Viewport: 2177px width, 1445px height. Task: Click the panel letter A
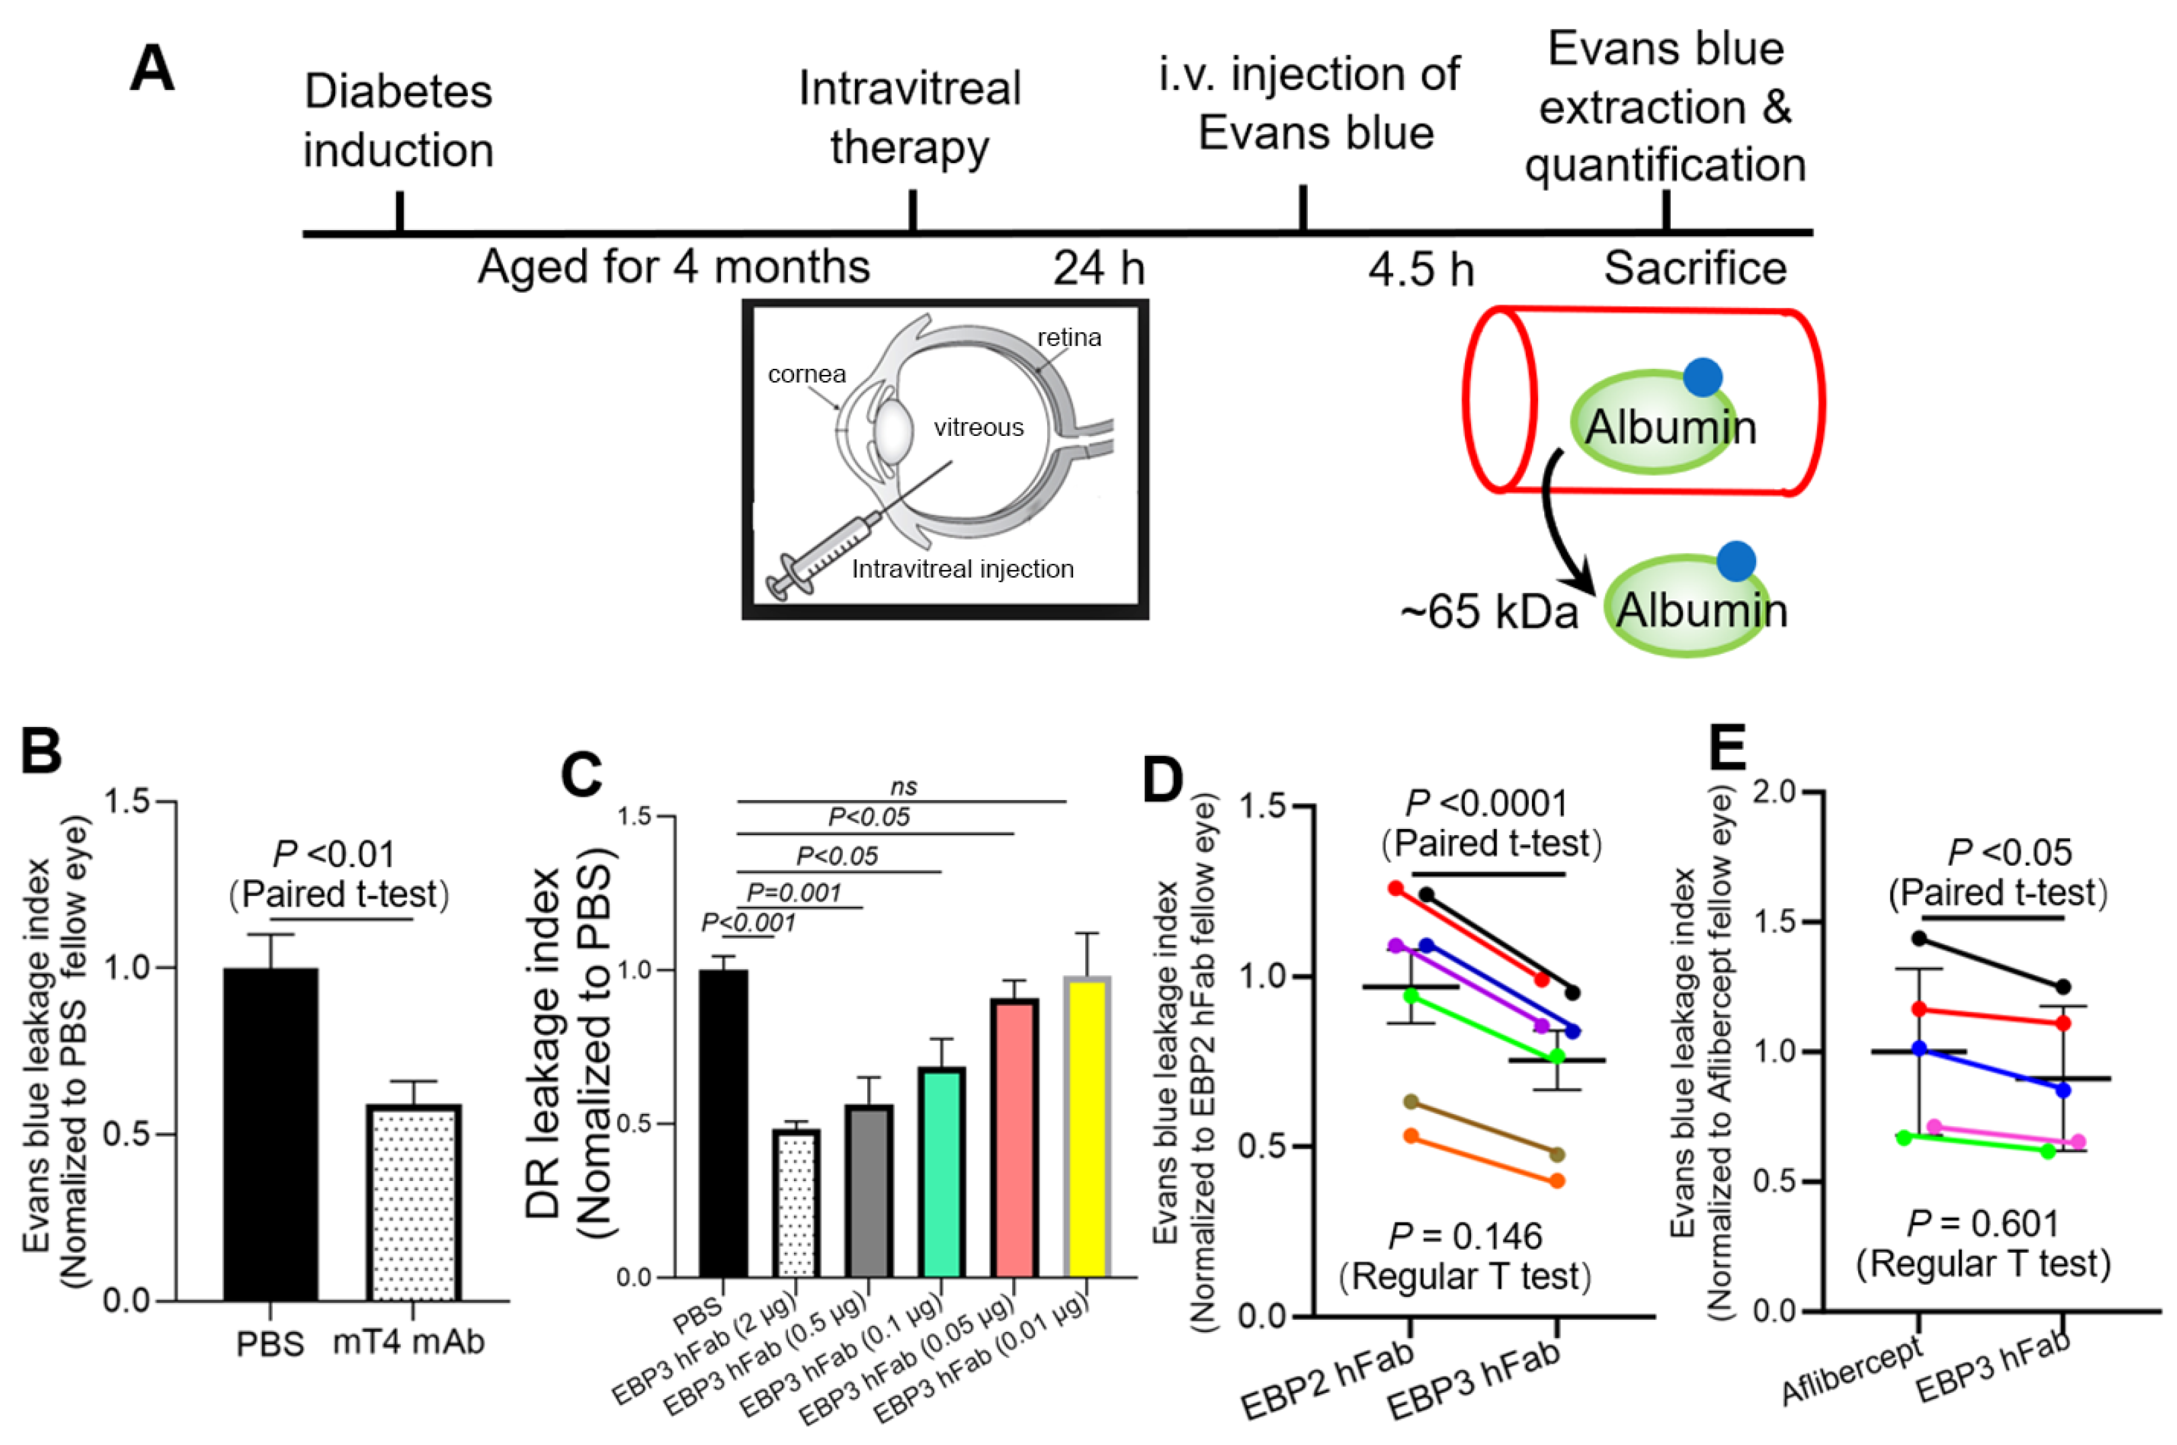(152, 69)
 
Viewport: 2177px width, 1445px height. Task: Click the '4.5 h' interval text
(1420, 270)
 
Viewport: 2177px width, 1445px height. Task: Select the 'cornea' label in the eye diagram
(806, 374)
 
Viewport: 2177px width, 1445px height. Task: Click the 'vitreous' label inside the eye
(978, 428)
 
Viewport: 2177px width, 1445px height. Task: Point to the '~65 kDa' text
(1489, 611)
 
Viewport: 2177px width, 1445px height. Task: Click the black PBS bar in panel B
(271, 1134)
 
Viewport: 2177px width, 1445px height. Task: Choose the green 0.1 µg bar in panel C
(941, 1172)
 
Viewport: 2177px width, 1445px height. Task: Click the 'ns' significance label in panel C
(903, 786)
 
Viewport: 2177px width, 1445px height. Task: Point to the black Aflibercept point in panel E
(1919, 938)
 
